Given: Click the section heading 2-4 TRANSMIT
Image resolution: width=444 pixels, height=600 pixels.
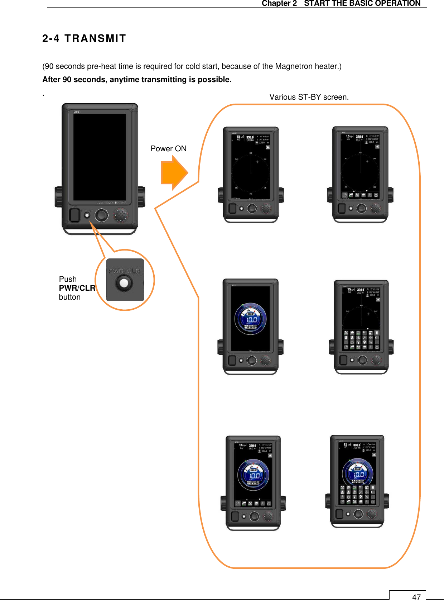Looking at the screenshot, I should pyautogui.click(x=84, y=38).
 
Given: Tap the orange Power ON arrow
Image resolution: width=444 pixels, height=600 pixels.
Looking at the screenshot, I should pyautogui.click(x=174, y=173).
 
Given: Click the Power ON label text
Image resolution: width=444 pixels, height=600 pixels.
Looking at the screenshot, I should pyautogui.click(x=168, y=149).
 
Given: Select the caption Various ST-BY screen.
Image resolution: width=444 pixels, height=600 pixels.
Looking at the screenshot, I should pyautogui.click(x=309, y=97).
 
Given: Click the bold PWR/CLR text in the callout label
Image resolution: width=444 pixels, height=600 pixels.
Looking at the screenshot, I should pyautogui.click(x=77, y=288).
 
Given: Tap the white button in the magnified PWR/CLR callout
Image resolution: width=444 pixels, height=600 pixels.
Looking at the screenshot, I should pyautogui.click(x=124, y=283).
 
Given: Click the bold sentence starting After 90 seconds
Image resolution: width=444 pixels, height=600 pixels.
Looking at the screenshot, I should pyautogui.click(x=137, y=80).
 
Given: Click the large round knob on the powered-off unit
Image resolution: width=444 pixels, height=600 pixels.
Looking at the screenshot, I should pyautogui.click(x=102, y=215).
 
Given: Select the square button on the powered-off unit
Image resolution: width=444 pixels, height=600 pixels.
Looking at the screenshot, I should pyautogui.click(x=74, y=215).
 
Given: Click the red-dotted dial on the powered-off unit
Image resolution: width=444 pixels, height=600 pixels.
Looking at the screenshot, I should pyautogui.click(x=121, y=215).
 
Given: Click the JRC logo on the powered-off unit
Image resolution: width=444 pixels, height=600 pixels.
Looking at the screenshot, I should pyautogui.click(x=77, y=112).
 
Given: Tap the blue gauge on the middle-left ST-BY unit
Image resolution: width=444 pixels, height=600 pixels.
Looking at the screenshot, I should pyautogui.click(x=251, y=319).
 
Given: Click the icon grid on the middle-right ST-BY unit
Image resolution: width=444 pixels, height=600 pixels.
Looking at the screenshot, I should pyautogui.click(x=361, y=340).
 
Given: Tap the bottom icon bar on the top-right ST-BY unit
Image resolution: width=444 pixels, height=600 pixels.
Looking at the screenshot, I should pyautogui.click(x=360, y=195).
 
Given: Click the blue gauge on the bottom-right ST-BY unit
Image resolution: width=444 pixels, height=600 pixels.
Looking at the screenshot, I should pyautogui.click(x=358, y=473).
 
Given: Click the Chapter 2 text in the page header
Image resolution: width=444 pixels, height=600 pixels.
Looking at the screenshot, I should pyautogui.click(x=279, y=3).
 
